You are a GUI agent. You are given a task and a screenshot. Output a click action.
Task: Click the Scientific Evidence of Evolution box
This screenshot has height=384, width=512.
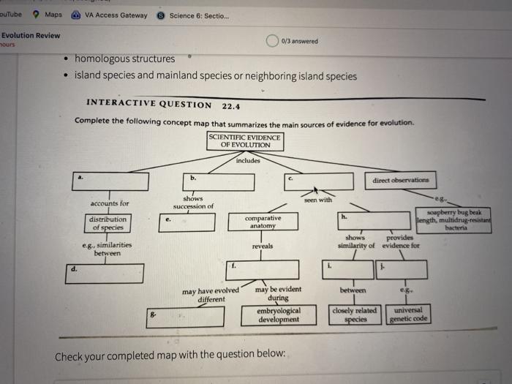pyautogui.click(x=245, y=141)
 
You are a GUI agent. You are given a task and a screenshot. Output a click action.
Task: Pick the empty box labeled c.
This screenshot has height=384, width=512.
pyautogui.click(x=318, y=181)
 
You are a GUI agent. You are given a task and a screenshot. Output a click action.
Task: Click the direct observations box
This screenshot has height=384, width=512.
pyautogui.click(x=400, y=180)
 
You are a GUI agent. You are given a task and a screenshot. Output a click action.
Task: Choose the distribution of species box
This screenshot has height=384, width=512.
pyautogui.click(x=108, y=223)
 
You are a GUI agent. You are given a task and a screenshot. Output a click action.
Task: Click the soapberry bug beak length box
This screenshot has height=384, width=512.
pyautogui.click(x=454, y=219)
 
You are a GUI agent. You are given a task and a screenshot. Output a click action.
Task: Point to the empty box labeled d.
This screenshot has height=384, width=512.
pyautogui.click(x=103, y=274)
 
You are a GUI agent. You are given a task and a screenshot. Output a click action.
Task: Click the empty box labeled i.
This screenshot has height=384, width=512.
pyautogui.click(x=348, y=269)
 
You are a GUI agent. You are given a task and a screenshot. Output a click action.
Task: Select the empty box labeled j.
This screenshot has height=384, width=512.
pyautogui.click(x=399, y=269)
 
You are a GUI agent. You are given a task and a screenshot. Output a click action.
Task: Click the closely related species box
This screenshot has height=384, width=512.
pyautogui.click(x=354, y=315)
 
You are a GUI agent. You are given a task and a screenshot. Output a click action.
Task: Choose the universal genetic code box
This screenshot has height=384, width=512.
pyautogui.click(x=408, y=315)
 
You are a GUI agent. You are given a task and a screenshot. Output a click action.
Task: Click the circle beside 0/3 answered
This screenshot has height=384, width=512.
pyautogui.click(x=272, y=40)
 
